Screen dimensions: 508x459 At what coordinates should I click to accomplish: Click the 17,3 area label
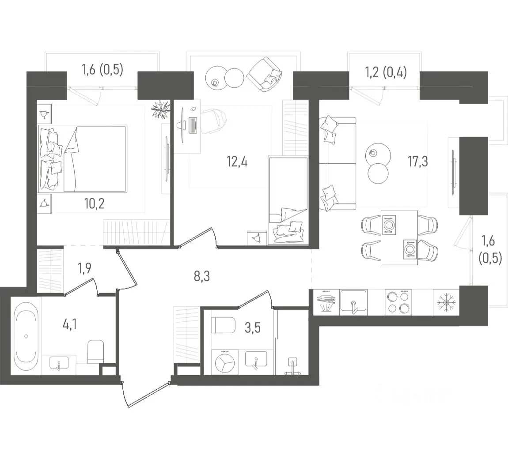(x=418, y=161)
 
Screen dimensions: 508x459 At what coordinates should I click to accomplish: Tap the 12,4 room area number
(x=237, y=161)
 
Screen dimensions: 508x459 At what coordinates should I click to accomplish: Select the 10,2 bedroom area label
(x=94, y=203)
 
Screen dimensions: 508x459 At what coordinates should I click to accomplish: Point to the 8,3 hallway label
(x=202, y=276)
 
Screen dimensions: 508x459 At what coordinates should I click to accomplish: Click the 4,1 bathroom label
(x=70, y=324)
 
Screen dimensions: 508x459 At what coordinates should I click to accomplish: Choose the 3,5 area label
(x=253, y=327)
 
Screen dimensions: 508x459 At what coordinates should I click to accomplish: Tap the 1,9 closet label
(x=84, y=268)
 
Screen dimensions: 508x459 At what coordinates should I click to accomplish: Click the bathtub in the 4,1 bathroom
(x=27, y=336)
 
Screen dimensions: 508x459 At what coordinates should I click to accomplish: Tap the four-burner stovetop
(x=398, y=302)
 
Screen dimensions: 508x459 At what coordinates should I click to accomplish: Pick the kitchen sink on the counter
(x=353, y=302)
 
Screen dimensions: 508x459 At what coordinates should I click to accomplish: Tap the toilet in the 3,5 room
(x=224, y=325)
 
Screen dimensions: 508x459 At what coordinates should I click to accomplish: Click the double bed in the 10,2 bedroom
(x=83, y=158)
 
